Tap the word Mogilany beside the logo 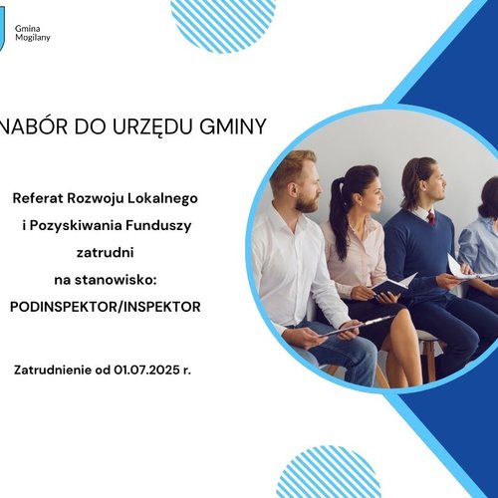click(x=33, y=38)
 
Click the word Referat click(x=42, y=198)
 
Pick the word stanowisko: click(x=121, y=280)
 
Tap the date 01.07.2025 click(x=145, y=370)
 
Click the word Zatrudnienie click(x=55, y=370)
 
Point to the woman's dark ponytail click(x=338, y=199)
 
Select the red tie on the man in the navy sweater click(x=430, y=217)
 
